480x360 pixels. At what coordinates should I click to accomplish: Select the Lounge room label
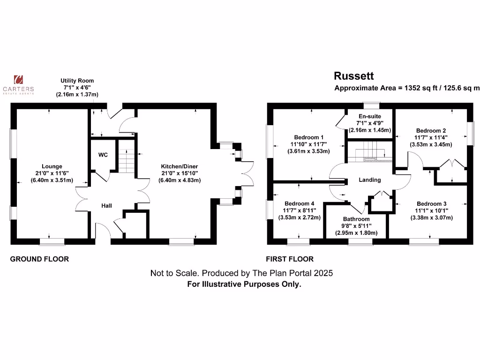[x=52, y=166]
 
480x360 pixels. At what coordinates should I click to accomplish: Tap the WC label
[x=103, y=154]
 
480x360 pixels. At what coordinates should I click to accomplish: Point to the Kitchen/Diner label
[x=180, y=166]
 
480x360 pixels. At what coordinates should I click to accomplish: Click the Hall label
[x=107, y=205]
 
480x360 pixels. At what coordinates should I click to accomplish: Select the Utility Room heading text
[x=77, y=81]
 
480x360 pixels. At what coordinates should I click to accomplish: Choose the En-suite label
[x=370, y=116]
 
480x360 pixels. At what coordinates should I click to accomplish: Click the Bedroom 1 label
[x=308, y=137]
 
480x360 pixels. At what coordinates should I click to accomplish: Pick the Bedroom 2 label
[x=431, y=130]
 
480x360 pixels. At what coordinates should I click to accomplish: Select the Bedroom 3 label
[x=431, y=203]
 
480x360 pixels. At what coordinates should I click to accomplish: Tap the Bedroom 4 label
[x=299, y=203]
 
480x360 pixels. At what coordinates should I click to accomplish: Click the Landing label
[x=370, y=180]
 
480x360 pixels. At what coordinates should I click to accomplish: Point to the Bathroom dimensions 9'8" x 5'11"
[x=356, y=226]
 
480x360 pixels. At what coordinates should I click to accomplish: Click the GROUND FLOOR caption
[x=39, y=259]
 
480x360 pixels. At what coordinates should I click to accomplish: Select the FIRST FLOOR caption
[x=289, y=259]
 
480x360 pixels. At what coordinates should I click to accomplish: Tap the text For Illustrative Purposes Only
[x=244, y=284]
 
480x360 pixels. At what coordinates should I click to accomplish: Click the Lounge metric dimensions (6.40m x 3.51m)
[x=52, y=180]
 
